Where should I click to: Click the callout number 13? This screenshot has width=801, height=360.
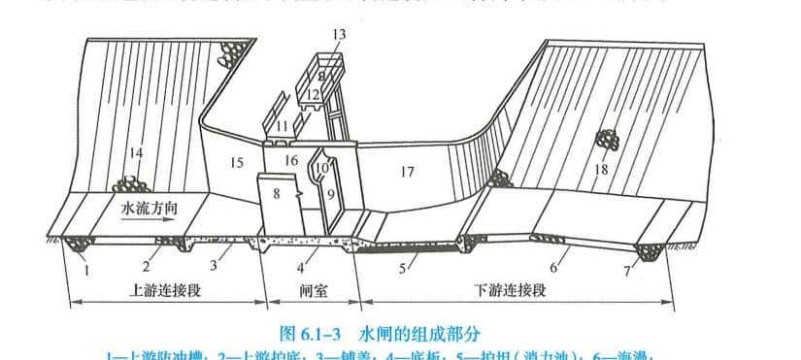coord(337,35)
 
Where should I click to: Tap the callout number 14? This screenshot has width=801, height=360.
coord(136,152)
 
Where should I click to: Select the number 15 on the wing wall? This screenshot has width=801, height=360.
coord(236,163)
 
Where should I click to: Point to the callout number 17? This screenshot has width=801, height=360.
coord(406,172)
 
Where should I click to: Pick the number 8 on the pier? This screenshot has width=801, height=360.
coord(277,194)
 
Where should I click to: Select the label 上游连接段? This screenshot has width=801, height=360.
coord(164,291)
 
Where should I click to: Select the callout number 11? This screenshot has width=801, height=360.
coord(281,126)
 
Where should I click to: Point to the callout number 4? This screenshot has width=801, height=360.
coord(300,265)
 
